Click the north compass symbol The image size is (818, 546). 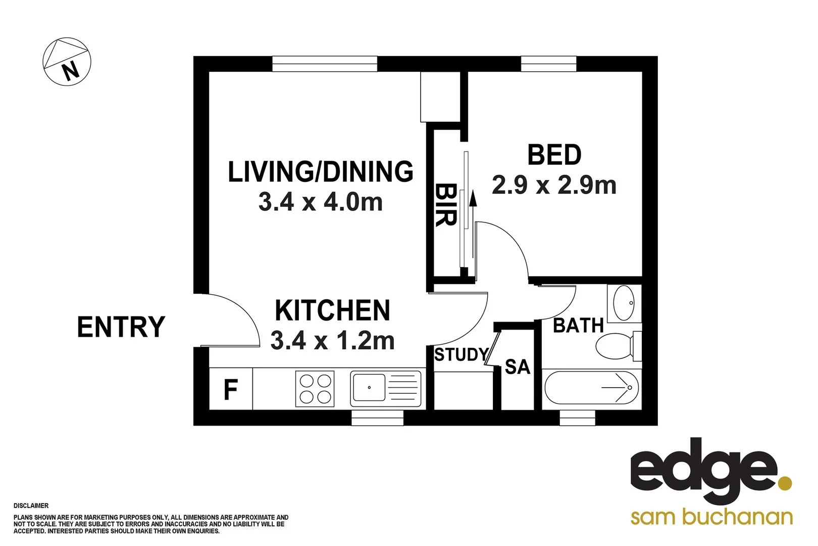pyautogui.click(x=67, y=61)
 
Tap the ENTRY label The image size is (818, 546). pyautogui.click(x=121, y=327)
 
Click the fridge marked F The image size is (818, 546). pyautogui.click(x=231, y=390)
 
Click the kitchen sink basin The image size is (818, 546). pyautogui.click(x=369, y=387)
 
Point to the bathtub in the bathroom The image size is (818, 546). pyautogui.click(x=591, y=388)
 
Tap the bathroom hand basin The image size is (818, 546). pyautogui.click(x=624, y=303)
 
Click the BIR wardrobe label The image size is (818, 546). pyautogui.click(x=445, y=205)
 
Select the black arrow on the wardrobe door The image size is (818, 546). pyautogui.click(x=473, y=199)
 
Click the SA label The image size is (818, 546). pyautogui.click(x=518, y=367)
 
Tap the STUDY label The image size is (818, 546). pyautogui.click(x=462, y=355)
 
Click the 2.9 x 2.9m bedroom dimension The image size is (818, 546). pyautogui.click(x=554, y=185)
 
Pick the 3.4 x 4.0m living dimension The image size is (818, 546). pyautogui.click(x=320, y=202)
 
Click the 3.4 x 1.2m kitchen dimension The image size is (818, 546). pyautogui.click(x=332, y=340)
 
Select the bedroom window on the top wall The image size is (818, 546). pyautogui.click(x=548, y=64)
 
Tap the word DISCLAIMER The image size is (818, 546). pyautogui.click(x=31, y=506)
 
